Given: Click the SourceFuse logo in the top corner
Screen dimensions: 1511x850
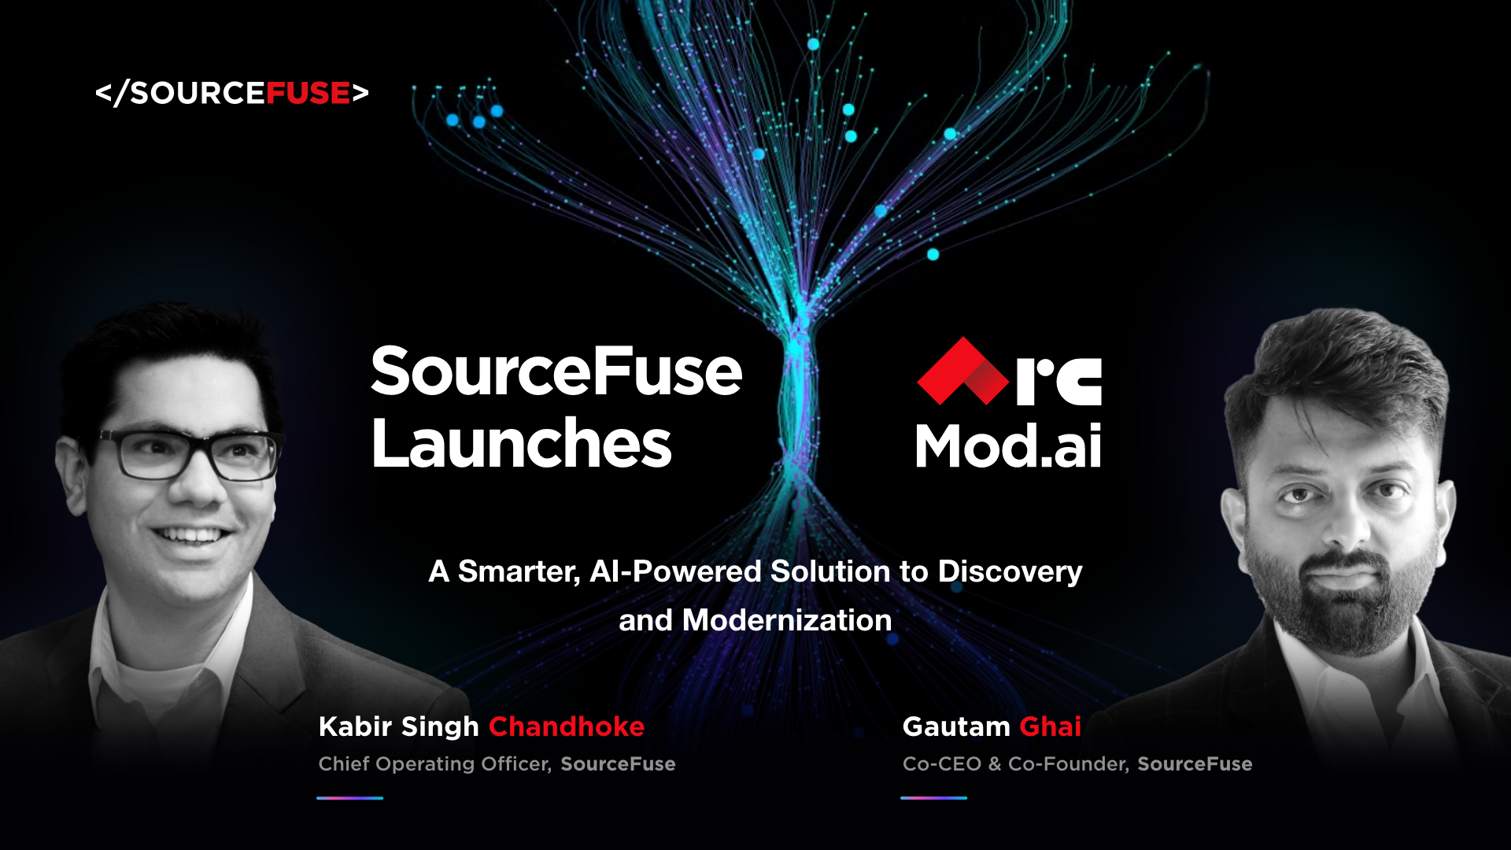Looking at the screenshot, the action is click(232, 93).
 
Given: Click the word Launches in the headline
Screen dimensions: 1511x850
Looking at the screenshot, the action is click(522, 443).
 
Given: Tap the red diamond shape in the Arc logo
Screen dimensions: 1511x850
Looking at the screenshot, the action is click(962, 371).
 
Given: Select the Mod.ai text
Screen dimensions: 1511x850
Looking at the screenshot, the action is click(1008, 446).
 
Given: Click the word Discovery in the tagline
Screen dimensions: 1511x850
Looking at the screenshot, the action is click(1010, 572).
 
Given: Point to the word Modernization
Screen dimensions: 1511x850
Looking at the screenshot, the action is click(787, 620).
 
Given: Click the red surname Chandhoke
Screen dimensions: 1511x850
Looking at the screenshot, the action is click(567, 726).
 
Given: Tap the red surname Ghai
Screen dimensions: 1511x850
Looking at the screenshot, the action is click(1051, 726).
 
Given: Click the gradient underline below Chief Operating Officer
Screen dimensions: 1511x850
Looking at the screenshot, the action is click(350, 798).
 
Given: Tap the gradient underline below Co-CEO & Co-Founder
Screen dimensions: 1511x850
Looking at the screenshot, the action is click(934, 798).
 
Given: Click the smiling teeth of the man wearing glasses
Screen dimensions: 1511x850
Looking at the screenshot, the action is click(190, 537).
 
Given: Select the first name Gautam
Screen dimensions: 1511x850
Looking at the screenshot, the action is click(956, 726).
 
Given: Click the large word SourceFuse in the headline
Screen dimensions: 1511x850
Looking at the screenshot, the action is click(556, 371).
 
